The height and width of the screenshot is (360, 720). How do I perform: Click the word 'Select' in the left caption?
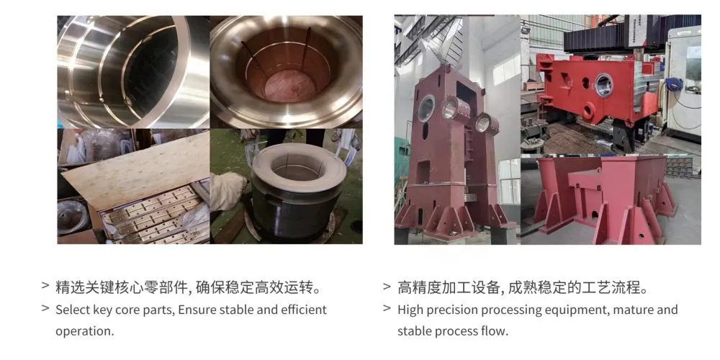click(x=73, y=310)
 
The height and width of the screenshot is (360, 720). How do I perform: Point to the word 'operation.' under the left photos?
click(x=84, y=331)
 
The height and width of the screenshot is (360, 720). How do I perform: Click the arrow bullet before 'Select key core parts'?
click(x=45, y=308)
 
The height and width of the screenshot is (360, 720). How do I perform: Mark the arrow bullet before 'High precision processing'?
click(x=387, y=308)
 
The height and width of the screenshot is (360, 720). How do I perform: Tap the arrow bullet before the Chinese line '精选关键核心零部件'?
click(x=45, y=287)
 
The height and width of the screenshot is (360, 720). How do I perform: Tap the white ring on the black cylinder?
click(x=300, y=168)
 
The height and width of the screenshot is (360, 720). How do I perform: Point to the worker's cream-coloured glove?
click(x=228, y=191)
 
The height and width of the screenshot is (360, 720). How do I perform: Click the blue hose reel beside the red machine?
click(x=672, y=84)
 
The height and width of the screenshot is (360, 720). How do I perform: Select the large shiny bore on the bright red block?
click(x=604, y=86)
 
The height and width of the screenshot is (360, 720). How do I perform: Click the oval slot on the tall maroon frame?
click(x=426, y=131)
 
